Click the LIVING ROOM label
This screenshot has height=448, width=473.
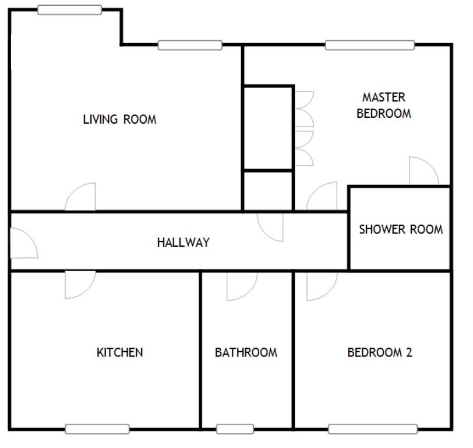pyautogui.click(x=119, y=120)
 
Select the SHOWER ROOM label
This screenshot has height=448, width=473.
pyautogui.click(x=400, y=229)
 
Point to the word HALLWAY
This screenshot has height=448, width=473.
pyautogui.click(x=183, y=243)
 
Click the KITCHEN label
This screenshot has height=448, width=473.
pyautogui.click(x=119, y=352)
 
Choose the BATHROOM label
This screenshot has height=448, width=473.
pyautogui.click(x=246, y=352)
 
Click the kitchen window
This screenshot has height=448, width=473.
pyautogui.click(x=97, y=429)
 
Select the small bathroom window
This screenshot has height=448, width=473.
pyautogui.click(x=235, y=429)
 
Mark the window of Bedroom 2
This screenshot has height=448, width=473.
pyautogui.click(x=373, y=429)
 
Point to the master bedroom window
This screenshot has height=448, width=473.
pyautogui.click(x=370, y=45)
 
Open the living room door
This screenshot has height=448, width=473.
pyautogui.click(x=82, y=198)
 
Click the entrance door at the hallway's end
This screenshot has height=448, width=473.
pyautogui.click(x=23, y=243)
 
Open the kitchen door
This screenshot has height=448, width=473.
pyautogui.click(x=79, y=284)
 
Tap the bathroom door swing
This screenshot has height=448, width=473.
pyautogui.click(x=241, y=285)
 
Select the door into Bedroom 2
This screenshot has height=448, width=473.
pyautogui.click(x=320, y=285)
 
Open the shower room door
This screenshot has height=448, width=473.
pyautogui.click(x=423, y=171)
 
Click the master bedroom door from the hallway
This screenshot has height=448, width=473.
pyautogui.click(x=323, y=198)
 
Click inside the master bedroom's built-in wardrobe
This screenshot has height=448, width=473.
pyautogui.click(x=267, y=128)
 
